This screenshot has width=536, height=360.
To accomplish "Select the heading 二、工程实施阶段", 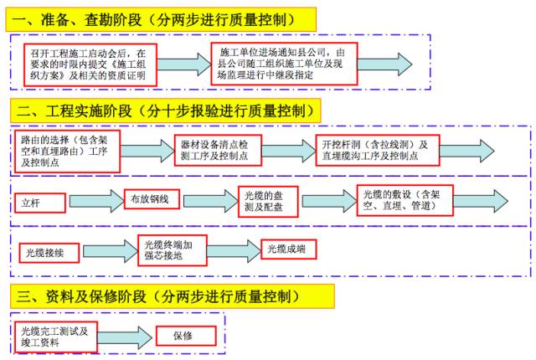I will pos(168,110).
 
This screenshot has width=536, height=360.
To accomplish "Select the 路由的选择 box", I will pos(68,150).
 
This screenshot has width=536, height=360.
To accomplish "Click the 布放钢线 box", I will pos(152,200).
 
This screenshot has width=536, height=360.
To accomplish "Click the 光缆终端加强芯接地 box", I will pos(172,249).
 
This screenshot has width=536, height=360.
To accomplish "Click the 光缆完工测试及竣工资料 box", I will pos(55,337).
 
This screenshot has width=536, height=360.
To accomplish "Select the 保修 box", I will pos(186,337).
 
